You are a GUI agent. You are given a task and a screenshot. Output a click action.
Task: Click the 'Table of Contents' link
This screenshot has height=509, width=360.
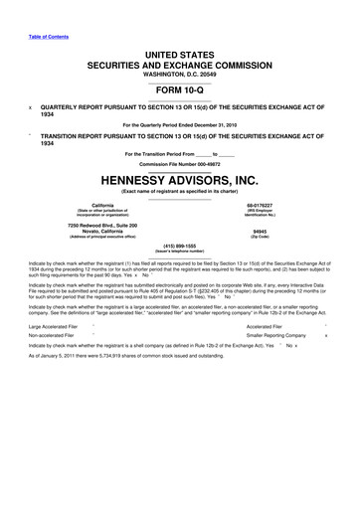41,12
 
